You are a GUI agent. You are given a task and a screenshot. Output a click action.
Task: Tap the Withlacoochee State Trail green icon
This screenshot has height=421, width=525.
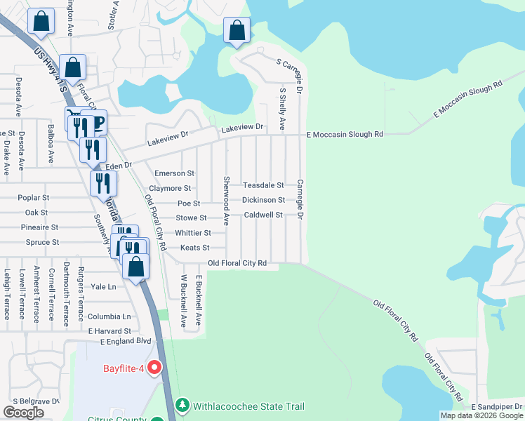click(x=182, y=406)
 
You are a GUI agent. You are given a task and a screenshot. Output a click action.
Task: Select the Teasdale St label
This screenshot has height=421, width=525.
click(x=262, y=185)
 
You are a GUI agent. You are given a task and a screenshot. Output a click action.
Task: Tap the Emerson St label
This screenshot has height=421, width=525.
click(x=174, y=173)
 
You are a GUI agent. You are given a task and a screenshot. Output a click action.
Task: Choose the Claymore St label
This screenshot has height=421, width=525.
click(x=170, y=189)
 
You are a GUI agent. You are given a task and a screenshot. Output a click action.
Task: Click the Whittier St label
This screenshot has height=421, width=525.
click(x=192, y=233)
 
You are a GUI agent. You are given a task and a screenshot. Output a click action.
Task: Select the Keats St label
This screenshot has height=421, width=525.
click(x=194, y=248)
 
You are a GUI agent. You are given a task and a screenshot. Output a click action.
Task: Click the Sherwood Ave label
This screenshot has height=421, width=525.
click(x=226, y=201)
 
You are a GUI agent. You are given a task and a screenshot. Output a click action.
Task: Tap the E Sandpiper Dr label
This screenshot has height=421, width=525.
click(x=497, y=407)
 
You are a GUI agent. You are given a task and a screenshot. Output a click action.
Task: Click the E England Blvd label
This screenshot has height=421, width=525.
click(x=126, y=342)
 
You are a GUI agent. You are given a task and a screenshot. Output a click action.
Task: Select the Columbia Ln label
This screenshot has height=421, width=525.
click(x=109, y=317)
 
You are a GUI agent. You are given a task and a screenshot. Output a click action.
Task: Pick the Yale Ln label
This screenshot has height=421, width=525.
click(x=102, y=286)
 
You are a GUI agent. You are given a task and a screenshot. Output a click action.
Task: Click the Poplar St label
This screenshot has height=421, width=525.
click(x=35, y=198)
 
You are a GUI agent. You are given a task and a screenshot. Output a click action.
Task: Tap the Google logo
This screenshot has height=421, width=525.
click(x=23, y=413)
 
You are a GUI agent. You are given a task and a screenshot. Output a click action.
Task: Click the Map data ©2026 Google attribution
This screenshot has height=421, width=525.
click(x=481, y=415)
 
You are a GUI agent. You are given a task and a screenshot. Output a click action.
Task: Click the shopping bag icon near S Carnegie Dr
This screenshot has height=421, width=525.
click(x=237, y=31)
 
